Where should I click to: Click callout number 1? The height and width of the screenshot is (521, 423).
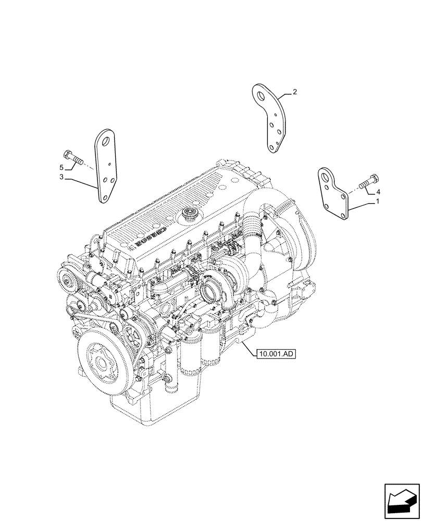click(377, 201)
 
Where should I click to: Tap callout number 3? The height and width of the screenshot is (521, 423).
click(61, 178)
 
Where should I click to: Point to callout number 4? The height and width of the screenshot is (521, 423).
click(378, 192)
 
